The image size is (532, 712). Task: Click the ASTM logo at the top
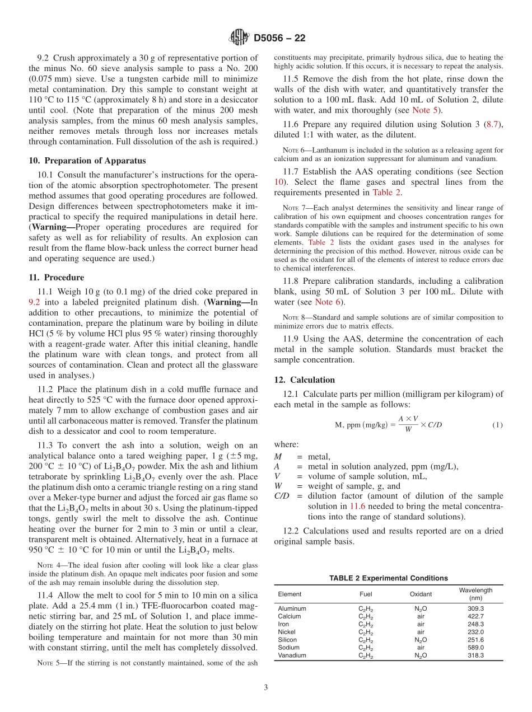tap(239, 38)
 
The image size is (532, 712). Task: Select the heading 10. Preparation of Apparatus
tap(87, 161)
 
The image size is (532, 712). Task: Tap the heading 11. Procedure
tap(56, 278)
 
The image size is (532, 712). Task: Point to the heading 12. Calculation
tap(304, 380)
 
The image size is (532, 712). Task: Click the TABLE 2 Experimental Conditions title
tap(388, 578)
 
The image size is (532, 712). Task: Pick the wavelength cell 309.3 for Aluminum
tap(475, 608)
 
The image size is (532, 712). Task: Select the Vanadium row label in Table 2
tap(292, 655)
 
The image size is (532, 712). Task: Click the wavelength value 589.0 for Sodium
tap(475, 648)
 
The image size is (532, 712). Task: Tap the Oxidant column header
tap(421, 594)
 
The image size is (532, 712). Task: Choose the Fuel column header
tap(366, 594)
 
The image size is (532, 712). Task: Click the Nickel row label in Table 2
tap(287, 632)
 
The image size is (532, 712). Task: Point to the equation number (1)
tap(497, 425)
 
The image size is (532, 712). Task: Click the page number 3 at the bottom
tap(266, 687)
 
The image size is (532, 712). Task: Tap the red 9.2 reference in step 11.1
tap(34, 302)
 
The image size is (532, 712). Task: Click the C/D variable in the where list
tap(282, 496)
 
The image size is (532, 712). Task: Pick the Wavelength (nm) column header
tap(475, 594)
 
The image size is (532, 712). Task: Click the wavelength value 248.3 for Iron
tap(475, 624)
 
